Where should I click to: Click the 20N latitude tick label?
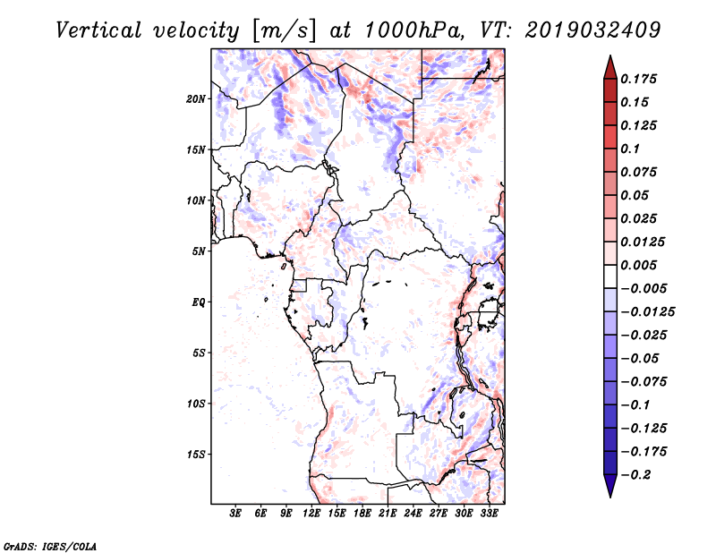click(196, 99)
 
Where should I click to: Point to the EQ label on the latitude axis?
click(199, 302)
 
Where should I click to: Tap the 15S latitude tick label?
click(196, 455)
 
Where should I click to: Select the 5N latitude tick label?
click(199, 251)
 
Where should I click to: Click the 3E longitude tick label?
click(235, 514)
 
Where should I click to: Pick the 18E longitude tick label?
click(362, 514)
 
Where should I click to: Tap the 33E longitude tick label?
click(489, 514)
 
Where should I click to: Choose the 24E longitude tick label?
click(413, 514)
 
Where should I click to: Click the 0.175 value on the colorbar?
click(639, 79)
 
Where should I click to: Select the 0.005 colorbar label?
click(639, 265)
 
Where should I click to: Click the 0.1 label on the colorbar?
click(631, 149)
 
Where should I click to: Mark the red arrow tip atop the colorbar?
click(610, 55)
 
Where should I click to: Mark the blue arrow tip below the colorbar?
click(610, 497)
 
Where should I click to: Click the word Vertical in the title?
click(98, 30)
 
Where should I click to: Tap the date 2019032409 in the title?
click(592, 30)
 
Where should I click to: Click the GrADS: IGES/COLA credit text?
click(50, 547)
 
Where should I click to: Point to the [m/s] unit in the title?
click(283, 31)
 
